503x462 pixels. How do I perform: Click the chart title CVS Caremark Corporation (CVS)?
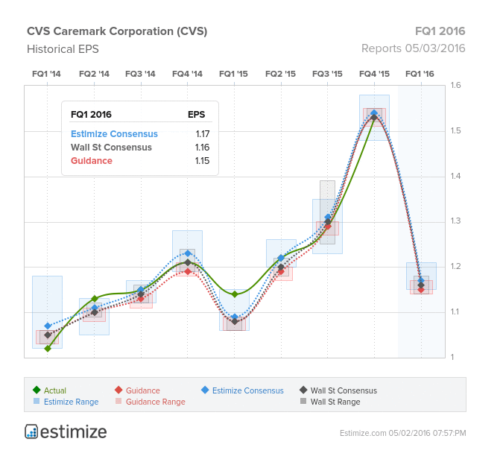click(x=117, y=31)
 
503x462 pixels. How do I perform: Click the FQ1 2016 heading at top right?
click(x=440, y=31)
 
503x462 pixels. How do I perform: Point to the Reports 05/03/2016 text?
click(x=413, y=48)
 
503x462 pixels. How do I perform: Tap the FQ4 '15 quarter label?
click(x=374, y=74)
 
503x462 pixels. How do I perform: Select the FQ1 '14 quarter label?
click(x=47, y=74)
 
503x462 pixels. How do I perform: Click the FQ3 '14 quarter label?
click(x=140, y=74)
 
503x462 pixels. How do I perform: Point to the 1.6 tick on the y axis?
click(x=456, y=86)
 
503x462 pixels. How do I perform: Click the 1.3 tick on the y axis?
click(x=456, y=221)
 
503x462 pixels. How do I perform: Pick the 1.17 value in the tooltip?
click(x=202, y=134)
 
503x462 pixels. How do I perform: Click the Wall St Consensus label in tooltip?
click(x=111, y=148)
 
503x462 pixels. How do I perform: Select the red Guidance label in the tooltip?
click(x=92, y=161)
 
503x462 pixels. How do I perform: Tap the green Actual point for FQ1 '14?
click(x=48, y=348)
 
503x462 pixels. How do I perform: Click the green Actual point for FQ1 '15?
click(x=235, y=294)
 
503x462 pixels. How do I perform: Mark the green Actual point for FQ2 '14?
click(x=95, y=299)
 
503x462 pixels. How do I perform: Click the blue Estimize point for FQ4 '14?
click(x=188, y=254)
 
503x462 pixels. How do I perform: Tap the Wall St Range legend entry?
click(x=335, y=402)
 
